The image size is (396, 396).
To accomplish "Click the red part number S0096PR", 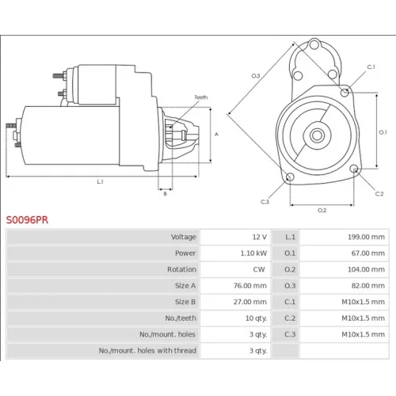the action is tap(27, 220).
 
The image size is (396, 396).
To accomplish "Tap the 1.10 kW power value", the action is tap(253, 253).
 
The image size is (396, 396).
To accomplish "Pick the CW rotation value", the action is tap(259, 269).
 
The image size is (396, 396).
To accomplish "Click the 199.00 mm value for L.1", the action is tap(366, 237).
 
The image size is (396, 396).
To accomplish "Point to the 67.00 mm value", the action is tap(368, 253).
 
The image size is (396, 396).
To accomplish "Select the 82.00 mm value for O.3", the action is tap(368, 286).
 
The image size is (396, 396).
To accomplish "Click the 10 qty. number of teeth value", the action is tap(256, 318).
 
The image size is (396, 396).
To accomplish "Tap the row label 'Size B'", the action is tap(185, 302).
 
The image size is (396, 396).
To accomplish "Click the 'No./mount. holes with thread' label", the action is tap(147, 351).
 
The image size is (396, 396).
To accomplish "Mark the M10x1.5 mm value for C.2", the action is tap(363, 318).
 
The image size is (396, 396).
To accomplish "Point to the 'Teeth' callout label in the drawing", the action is tap(201, 97).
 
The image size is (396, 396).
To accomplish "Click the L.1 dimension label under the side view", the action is tap(100, 181).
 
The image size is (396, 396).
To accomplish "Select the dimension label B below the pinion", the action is tap(165, 194).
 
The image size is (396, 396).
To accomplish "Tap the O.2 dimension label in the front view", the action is tap(322, 210).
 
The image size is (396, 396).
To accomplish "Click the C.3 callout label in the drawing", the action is tap(265, 202).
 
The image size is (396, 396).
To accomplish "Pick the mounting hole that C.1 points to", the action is tap(345, 93).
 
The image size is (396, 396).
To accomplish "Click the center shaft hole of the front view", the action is tap(317, 135).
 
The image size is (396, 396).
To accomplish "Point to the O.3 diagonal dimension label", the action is tap(256, 76).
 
